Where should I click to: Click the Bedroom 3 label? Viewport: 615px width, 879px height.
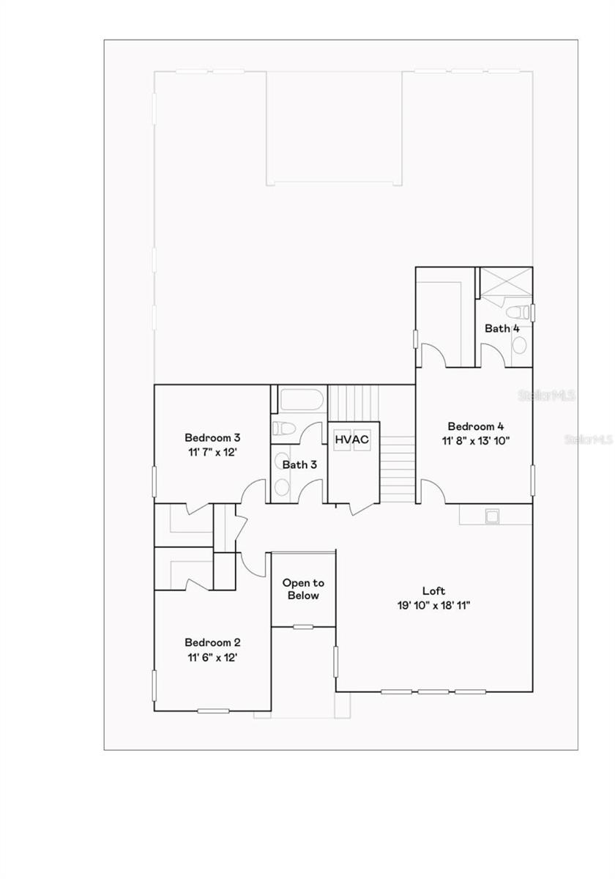[212, 438]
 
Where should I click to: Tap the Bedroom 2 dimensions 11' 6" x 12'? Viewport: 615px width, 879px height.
[212, 657]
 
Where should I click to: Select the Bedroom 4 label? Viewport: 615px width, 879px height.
[476, 426]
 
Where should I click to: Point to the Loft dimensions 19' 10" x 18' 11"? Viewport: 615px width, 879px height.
[433, 605]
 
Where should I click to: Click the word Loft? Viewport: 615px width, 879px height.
[433, 590]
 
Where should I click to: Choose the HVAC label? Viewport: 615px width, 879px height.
[352, 439]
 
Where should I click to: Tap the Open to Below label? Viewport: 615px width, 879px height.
[303, 589]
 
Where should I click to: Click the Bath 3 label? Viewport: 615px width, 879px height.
[299, 464]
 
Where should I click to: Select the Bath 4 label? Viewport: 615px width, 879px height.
[502, 328]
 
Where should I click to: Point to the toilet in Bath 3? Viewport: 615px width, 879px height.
[282, 429]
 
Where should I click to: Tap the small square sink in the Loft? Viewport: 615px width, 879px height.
[493, 516]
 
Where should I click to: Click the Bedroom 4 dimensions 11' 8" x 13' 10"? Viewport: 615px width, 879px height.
[476, 440]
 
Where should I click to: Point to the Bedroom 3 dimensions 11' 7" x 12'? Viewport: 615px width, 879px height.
[212, 452]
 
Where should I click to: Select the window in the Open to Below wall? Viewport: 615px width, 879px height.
[303, 626]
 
